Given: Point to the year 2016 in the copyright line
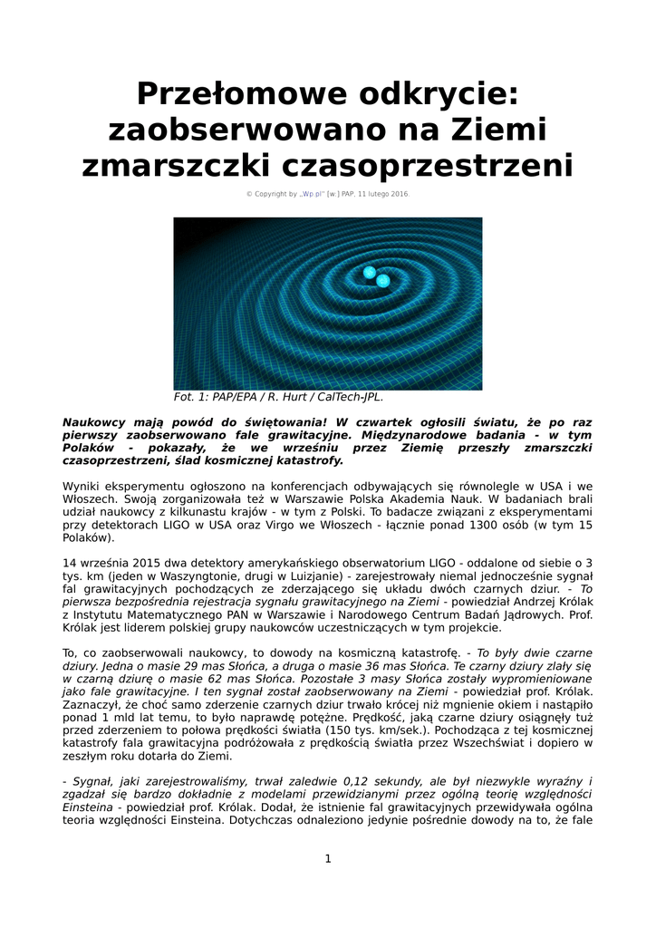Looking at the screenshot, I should coord(397,194).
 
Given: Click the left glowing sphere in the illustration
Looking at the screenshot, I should coord(369,272).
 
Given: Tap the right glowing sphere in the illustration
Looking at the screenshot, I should coord(383,281).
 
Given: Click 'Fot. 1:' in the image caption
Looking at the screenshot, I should coord(192,397).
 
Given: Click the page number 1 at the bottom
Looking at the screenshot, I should coord(328,858).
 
